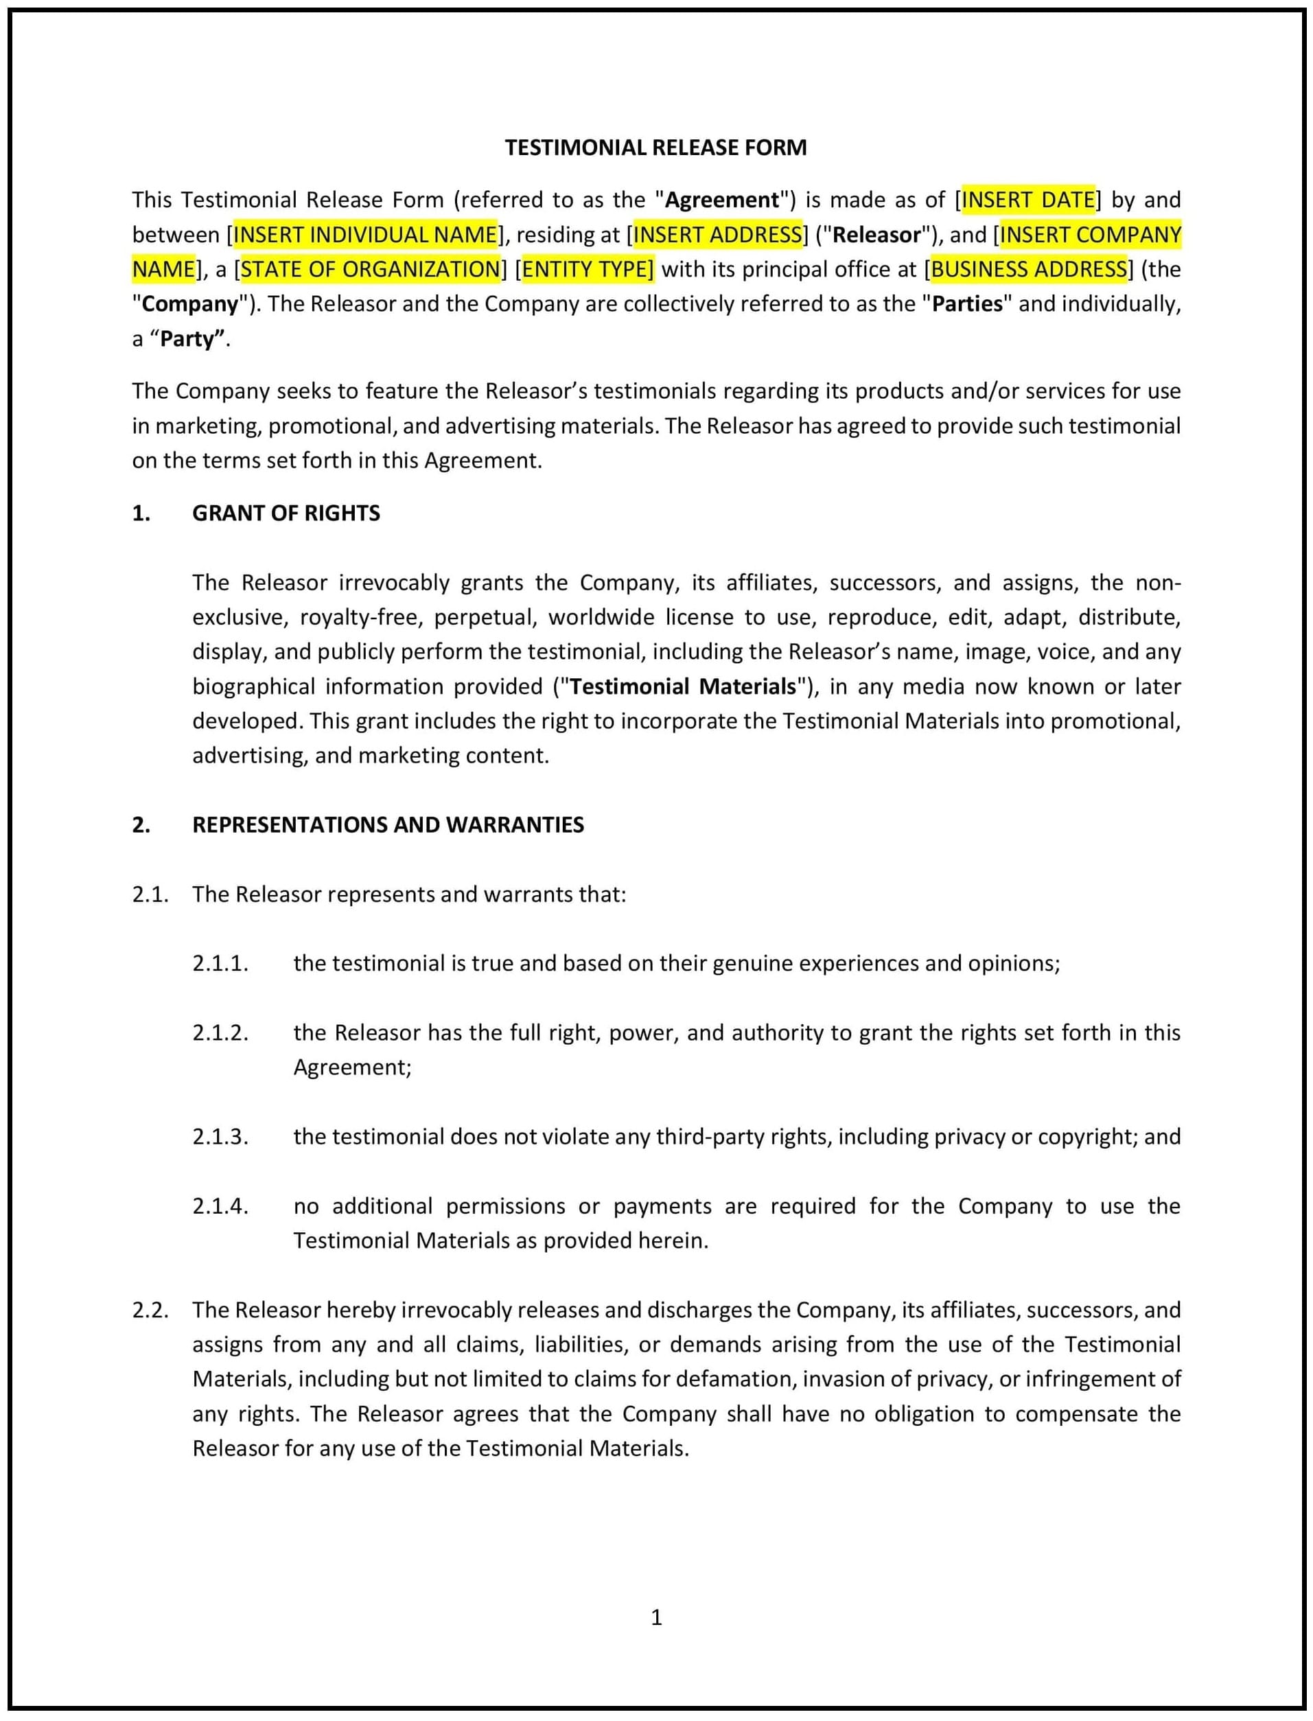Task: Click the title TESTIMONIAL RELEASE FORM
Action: (655, 148)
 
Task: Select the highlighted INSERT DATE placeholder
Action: (1027, 200)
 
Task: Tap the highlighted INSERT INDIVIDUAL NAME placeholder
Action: (365, 235)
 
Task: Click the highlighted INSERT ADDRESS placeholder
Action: (717, 235)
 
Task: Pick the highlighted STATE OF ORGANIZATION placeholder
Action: (370, 270)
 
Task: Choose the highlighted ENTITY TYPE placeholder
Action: (587, 270)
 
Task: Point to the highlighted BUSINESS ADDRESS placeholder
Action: (1029, 270)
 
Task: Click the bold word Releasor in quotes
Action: (877, 235)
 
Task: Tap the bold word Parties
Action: (967, 304)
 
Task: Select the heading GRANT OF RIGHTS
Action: (286, 513)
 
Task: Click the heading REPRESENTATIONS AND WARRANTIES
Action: (388, 825)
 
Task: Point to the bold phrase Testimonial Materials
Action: (682, 687)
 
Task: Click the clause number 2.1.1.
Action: (220, 964)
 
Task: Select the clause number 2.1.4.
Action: (220, 1207)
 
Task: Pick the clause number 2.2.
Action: (150, 1310)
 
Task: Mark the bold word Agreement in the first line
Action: (721, 200)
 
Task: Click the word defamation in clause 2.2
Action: (734, 1379)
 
